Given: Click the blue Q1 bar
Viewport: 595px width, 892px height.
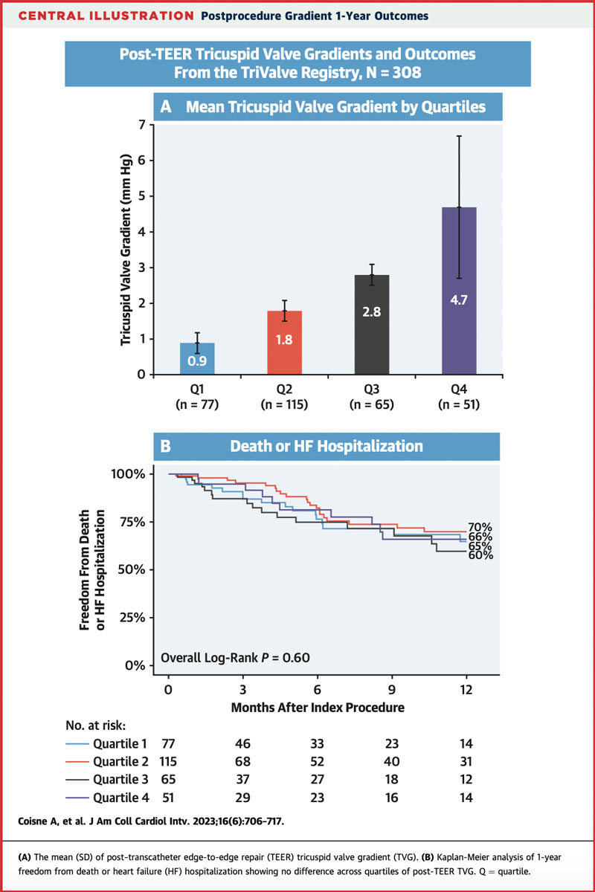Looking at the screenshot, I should tap(197, 358).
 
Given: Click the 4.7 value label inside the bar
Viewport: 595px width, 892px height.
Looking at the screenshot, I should tap(459, 301).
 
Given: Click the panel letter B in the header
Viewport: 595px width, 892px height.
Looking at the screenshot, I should tap(166, 447).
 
